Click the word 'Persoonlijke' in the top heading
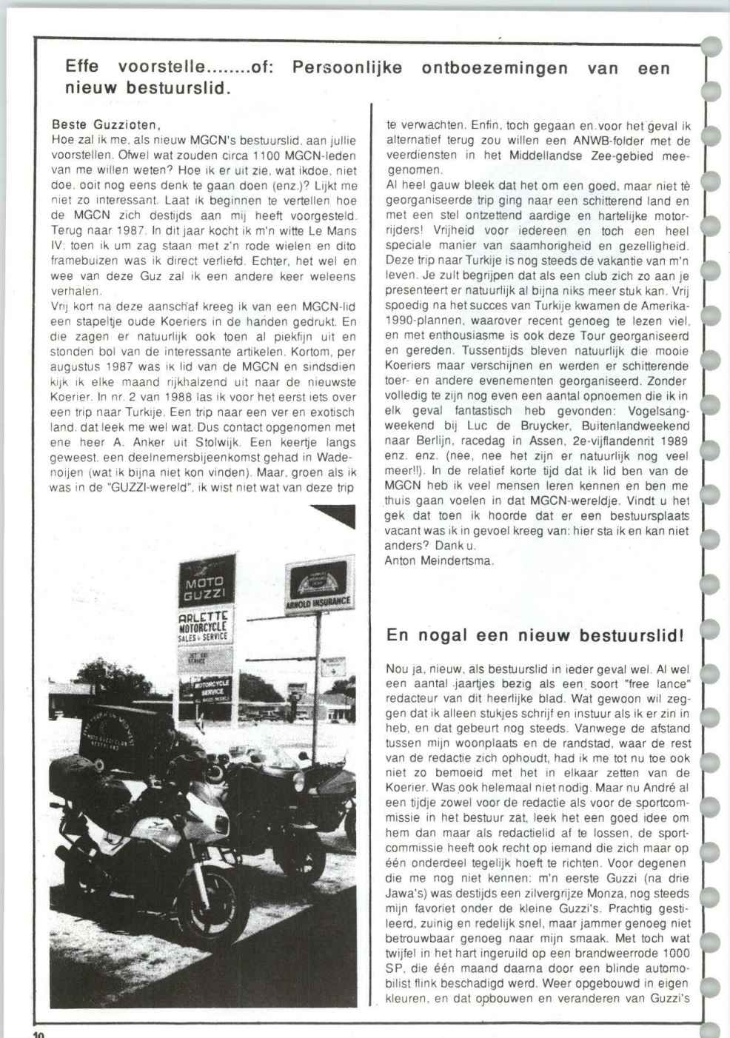coord(347,68)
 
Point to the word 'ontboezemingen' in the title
coord(495,68)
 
